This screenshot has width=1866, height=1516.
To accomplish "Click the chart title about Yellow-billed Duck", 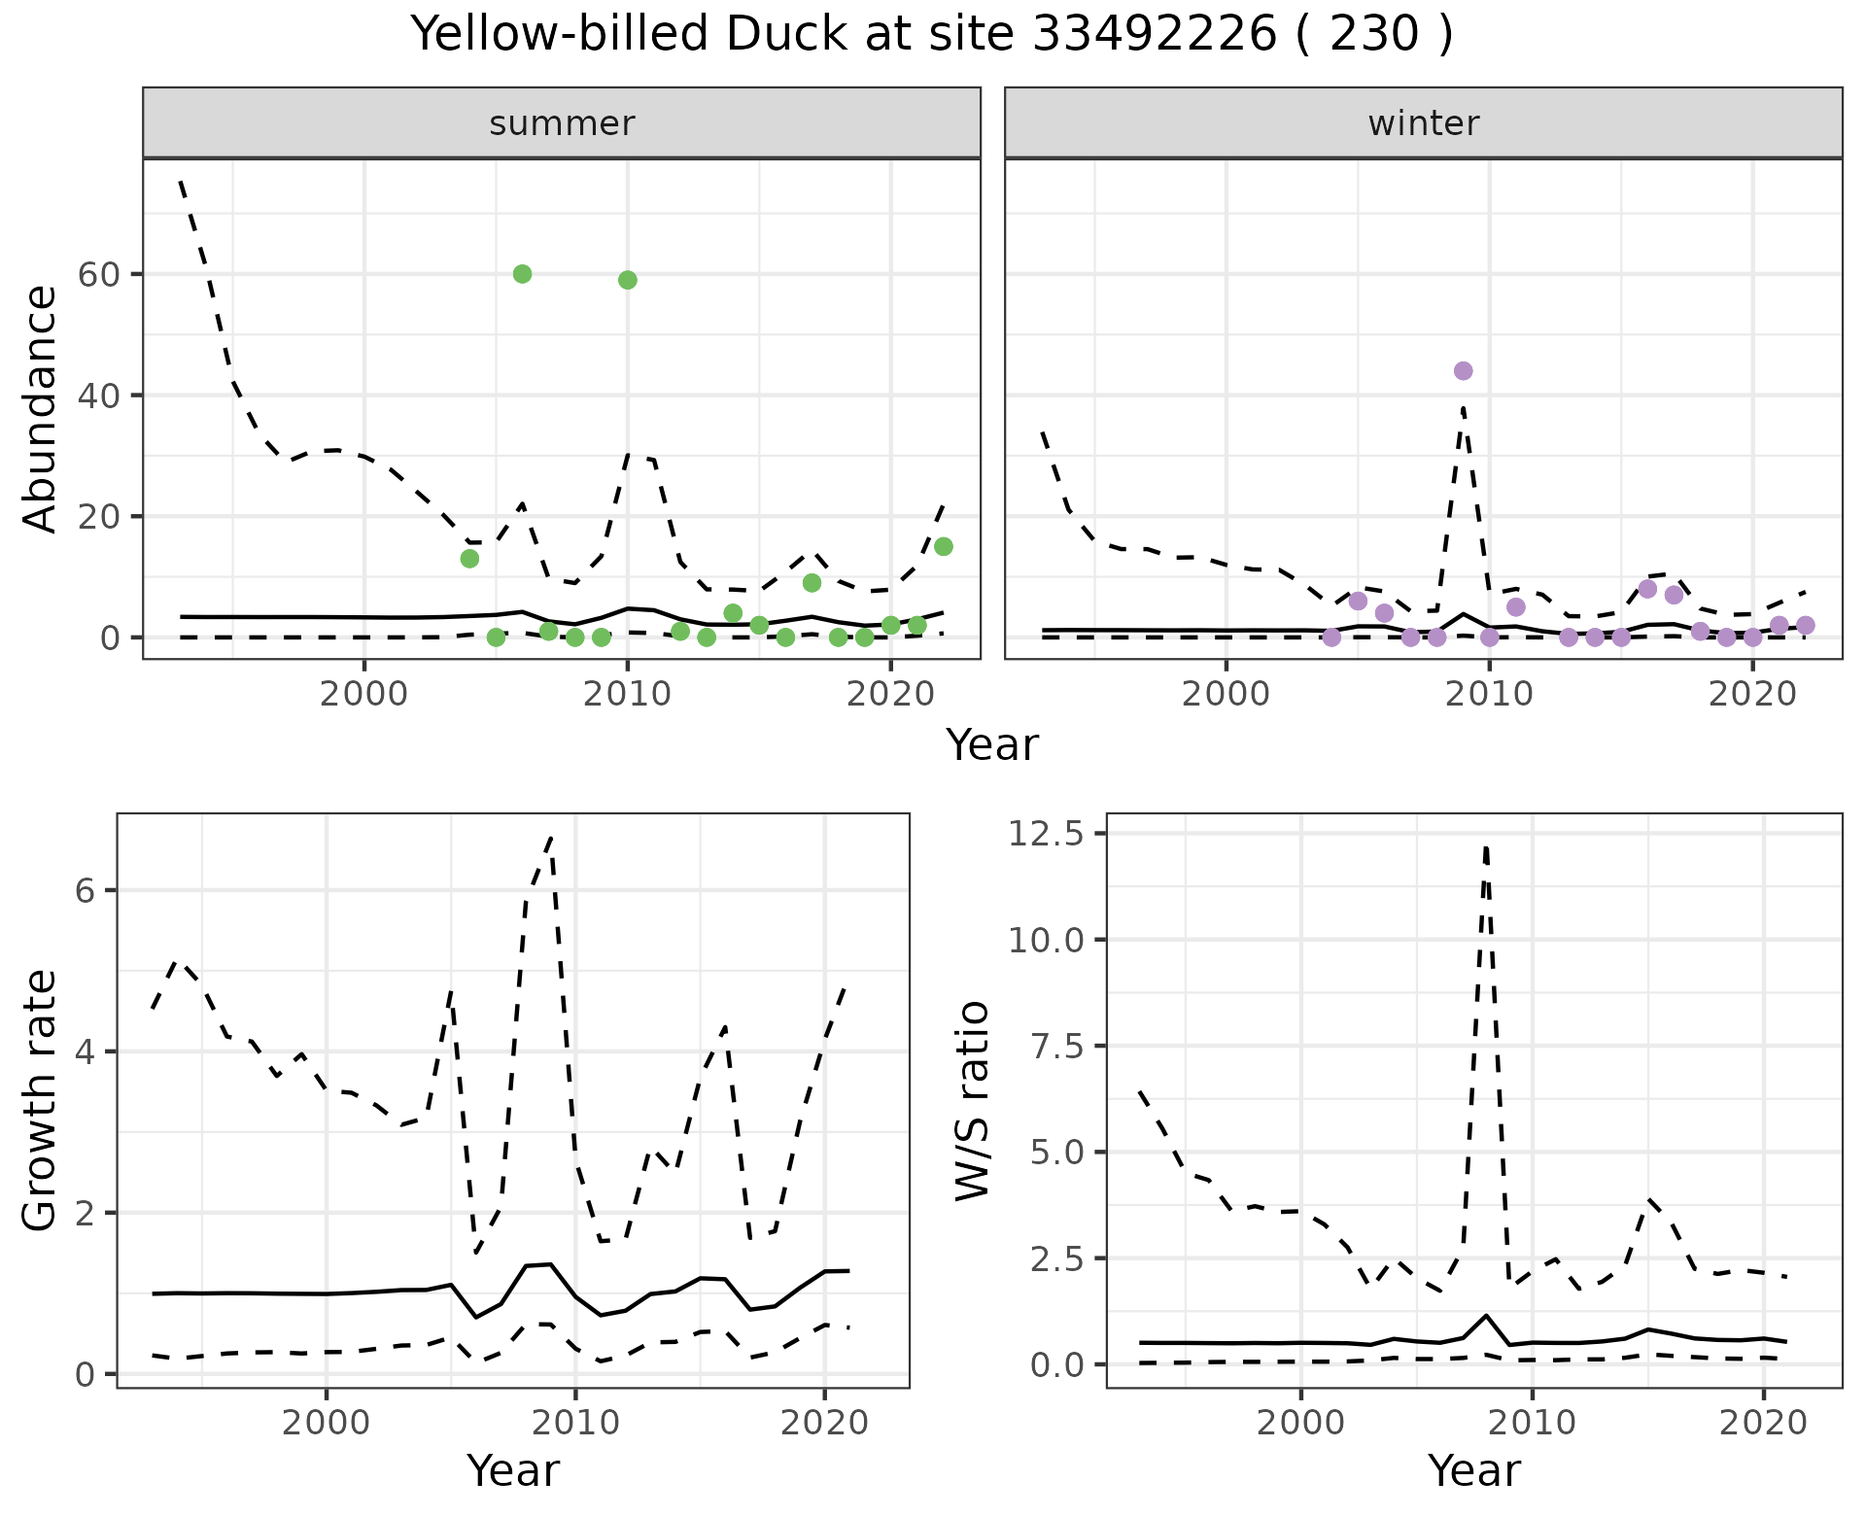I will [x=932, y=35].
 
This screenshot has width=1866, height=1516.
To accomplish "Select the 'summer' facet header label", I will [x=562, y=123].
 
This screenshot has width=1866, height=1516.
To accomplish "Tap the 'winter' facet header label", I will [x=1423, y=123].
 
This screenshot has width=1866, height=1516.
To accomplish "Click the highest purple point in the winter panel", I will [x=1463, y=371].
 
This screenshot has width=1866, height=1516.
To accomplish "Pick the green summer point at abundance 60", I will [x=522, y=274].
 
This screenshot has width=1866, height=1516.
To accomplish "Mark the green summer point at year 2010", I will [x=628, y=280].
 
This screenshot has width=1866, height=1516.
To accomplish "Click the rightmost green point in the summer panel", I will [x=943, y=547].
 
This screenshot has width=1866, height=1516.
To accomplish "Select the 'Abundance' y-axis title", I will [x=41, y=408].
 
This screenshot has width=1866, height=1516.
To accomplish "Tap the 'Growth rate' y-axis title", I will [x=41, y=1100].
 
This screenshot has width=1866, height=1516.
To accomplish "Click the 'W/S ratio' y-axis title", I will [x=972, y=1100].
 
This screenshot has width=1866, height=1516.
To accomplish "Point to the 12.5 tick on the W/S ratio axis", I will [x=1048, y=834].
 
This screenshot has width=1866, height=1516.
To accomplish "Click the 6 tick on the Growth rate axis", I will [x=86, y=891].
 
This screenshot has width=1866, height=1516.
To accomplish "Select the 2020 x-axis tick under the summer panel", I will [x=890, y=694].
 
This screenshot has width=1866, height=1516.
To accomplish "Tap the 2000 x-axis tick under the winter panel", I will [x=1226, y=694].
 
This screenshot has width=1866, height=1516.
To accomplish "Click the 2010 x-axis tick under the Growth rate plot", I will [x=575, y=1423].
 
